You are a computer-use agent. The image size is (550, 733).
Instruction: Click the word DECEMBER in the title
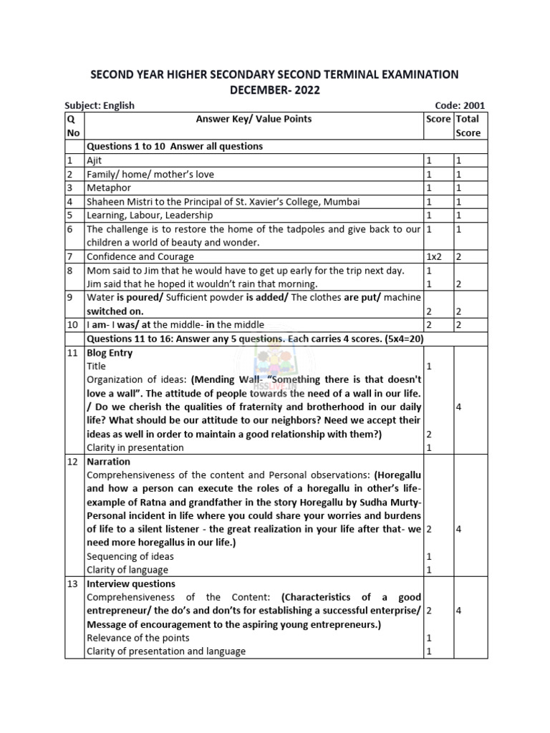[x=254, y=90]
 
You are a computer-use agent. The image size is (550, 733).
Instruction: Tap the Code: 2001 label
[x=460, y=105]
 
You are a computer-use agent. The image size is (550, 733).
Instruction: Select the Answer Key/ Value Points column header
[x=254, y=119]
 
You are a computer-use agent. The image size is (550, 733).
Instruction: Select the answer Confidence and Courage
[x=140, y=256]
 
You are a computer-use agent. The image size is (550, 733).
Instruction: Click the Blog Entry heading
[x=110, y=352]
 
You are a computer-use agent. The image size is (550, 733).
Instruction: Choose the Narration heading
[x=108, y=462]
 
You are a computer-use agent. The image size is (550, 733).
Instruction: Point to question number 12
[x=72, y=462]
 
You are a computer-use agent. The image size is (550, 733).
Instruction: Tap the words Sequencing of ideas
[x=130, y=556]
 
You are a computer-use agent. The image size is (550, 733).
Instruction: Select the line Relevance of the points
[x=137, y=638]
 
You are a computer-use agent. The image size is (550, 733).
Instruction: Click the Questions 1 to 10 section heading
[x=175, y=146]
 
